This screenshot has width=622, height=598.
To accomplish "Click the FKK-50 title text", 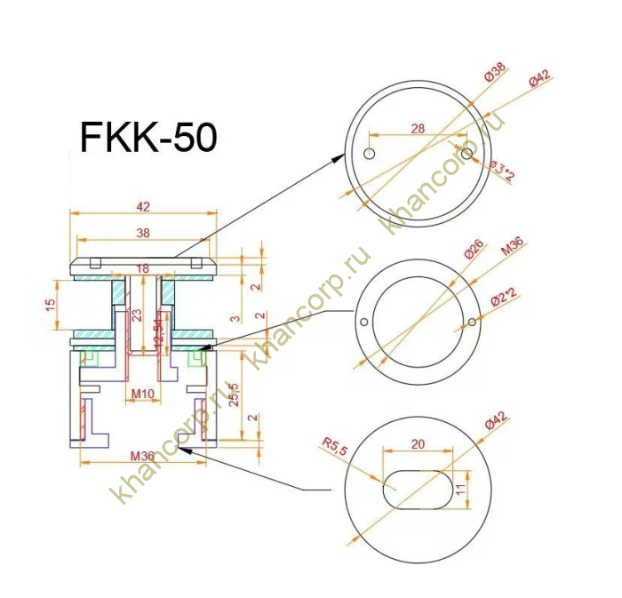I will click(x=148, y=138).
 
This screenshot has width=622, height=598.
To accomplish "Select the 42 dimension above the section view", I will click(x=144, y=206).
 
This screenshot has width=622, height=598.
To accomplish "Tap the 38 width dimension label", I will click(x=144, y=233).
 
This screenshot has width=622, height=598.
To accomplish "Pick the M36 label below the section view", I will click(x=142, y=457).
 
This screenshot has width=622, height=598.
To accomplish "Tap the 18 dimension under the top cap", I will click(x=142, y=268).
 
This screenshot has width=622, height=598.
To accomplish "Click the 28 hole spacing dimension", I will click(x=418, y=128).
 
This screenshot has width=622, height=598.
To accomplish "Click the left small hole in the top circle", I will click(x=370, y=154).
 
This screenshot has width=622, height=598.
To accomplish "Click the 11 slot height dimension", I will click(x=460, y=488).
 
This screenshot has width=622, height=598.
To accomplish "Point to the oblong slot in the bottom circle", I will click(x=417, y=488).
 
